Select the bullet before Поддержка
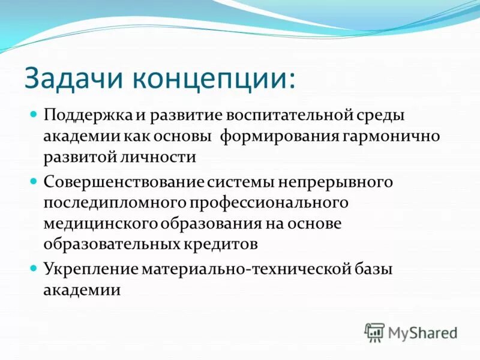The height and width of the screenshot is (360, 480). (34, 113)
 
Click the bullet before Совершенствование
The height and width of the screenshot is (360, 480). (34, 180)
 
